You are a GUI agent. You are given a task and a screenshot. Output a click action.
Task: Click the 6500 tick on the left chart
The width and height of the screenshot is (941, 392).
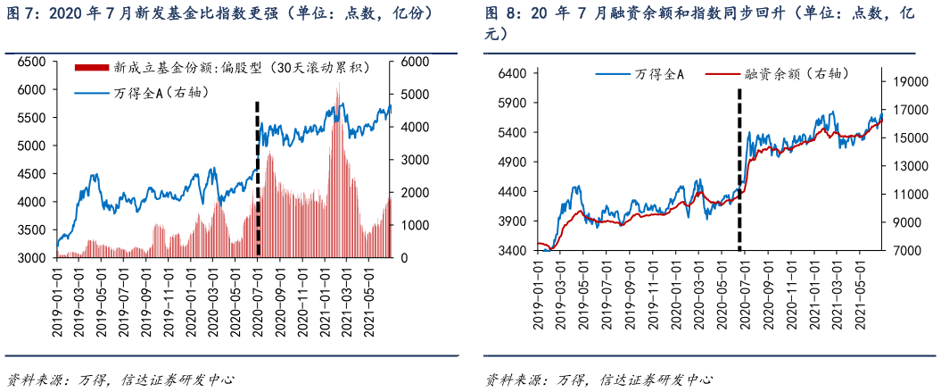31,62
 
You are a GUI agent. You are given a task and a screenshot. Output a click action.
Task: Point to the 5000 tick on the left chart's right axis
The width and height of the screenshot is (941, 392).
415,94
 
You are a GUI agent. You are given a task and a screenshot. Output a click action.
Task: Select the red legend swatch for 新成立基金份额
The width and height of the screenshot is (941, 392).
92,67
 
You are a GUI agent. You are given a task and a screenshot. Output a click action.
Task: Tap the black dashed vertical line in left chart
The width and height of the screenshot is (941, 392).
257,179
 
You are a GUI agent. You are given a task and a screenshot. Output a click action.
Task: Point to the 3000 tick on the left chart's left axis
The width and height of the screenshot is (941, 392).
31,258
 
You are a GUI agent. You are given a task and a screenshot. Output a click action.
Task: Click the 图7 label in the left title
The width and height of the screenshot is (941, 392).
20,14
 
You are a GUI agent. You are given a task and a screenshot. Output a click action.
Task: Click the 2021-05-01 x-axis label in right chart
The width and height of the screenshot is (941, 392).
861,295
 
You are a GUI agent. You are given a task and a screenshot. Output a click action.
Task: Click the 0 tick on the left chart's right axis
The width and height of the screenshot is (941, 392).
403,258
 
